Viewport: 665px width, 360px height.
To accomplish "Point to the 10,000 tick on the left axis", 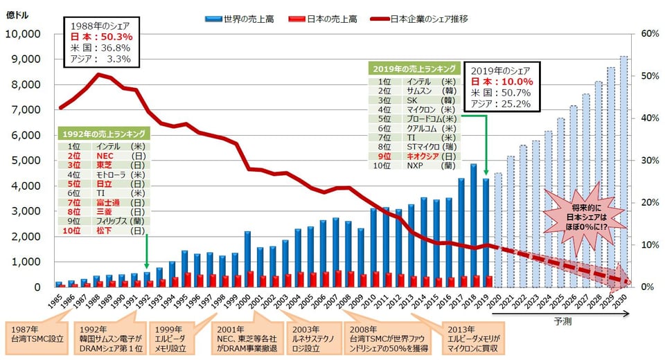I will (x=24, y=34).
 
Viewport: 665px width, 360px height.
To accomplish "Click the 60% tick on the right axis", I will (x=649, y=34).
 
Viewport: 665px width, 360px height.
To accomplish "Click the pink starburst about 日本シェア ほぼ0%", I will (x=581, y=216).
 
